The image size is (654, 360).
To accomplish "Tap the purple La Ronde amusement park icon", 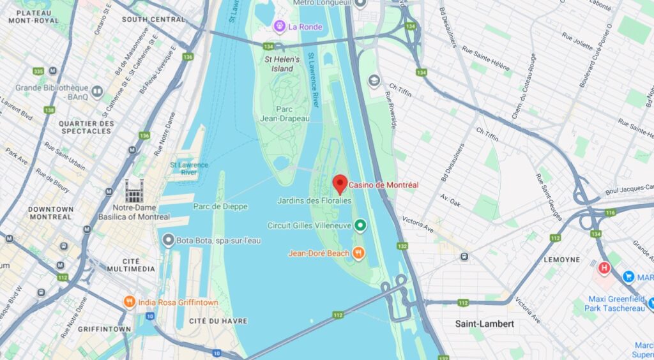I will click(279, 26).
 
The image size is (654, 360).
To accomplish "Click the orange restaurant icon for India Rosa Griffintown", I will click(130, 301).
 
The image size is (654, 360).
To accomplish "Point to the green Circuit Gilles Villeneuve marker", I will click(360, 225).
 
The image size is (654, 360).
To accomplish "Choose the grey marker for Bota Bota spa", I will click(168, 240).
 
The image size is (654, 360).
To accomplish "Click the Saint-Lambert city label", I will click(484, 324).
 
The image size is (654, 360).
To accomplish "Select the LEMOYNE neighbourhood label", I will click(562, 260).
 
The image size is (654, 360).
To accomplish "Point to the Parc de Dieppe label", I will click(220, 206).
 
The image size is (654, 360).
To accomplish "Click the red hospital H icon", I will click(604, 267).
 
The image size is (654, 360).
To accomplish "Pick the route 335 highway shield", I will click(38, 71).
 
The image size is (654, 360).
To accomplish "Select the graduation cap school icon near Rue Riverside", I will click(374, 81).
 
